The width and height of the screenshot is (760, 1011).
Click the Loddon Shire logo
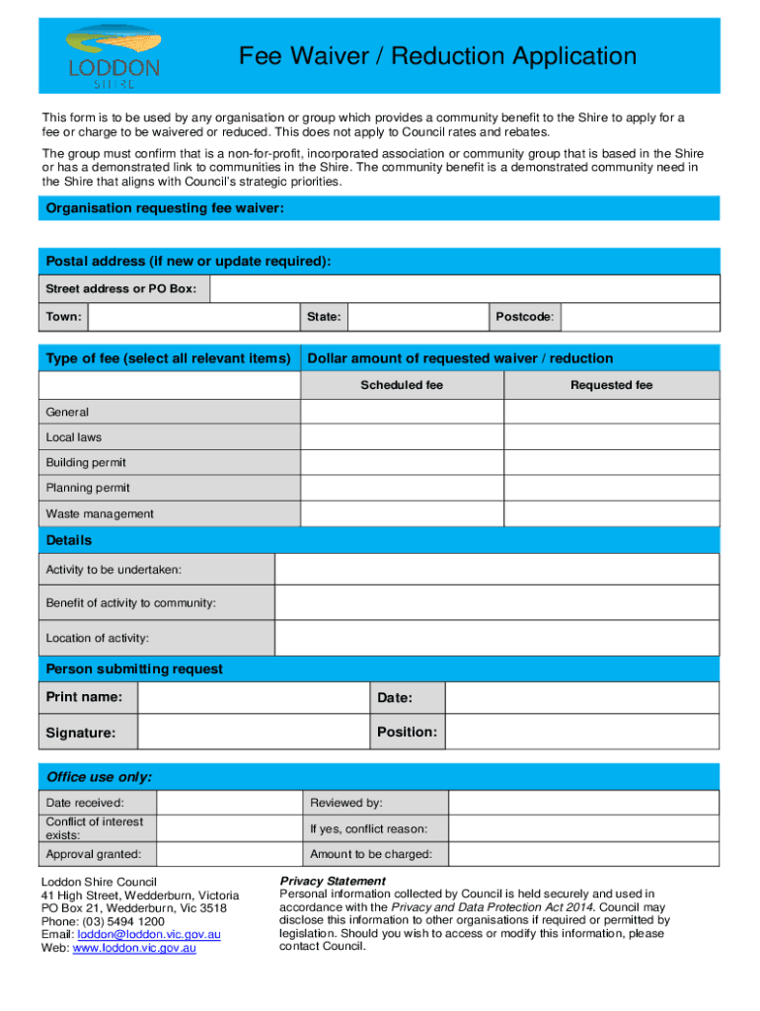click(x=114, y=56)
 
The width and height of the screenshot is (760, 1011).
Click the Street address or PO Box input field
click(x=465, y=288)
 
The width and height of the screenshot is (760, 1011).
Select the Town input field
click(x=193, y=317)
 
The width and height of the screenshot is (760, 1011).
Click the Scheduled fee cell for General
click(x=402, y=412)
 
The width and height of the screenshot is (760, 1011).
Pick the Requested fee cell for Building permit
click(x=612, y=462)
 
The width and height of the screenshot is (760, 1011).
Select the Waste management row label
click(x=100, y=513)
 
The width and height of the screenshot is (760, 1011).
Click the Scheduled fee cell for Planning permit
click(x=402, y=488)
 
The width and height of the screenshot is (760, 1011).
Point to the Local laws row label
click(x=74, y=437)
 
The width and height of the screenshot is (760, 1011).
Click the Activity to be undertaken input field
click(x=496, y=570)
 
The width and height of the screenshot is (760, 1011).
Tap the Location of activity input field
click(x=496, y=638)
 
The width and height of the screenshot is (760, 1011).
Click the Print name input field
click(x=253, y=698)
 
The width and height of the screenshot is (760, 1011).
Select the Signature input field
click(x=253, y=733)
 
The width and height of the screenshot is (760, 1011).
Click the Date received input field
click(x=228, y=803)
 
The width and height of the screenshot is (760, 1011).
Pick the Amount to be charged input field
click(x=583, y=854)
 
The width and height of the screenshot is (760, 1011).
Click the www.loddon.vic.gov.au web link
click(x=134, y=948)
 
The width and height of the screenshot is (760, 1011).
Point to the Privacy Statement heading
click(x=333, y=881)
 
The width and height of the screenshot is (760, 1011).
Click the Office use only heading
click(x=99, y=777)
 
